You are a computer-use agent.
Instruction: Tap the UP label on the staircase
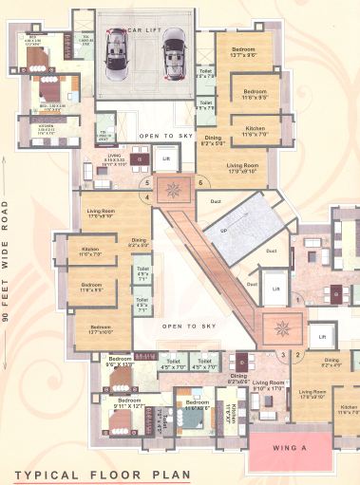pyautogui.click(x=225, y=231)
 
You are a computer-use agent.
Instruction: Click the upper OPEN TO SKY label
pyautogui.click(x=164, y=137)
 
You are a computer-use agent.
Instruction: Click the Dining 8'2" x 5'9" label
pyautogui.click(x=214, y=140)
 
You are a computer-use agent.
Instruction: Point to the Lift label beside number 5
pyautogui.click(x=166, y=159)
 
